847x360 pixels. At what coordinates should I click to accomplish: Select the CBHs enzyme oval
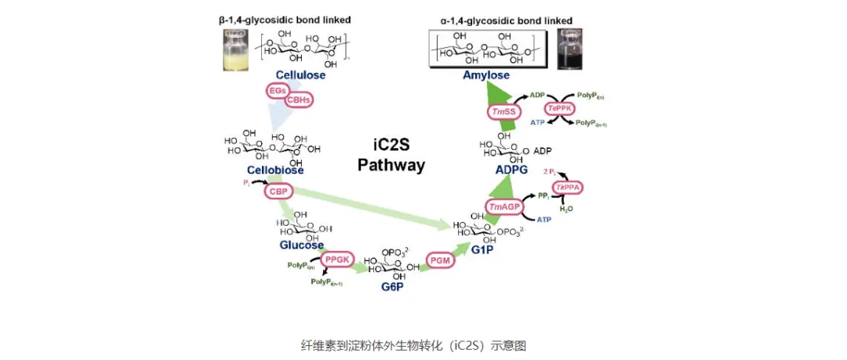click(x=298, y=100)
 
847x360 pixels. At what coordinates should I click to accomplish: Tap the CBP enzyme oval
click(x=276, y=191)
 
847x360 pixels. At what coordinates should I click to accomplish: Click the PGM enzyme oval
click(x=440, y=260)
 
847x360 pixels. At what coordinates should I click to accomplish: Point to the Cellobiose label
click(x=274, y=169)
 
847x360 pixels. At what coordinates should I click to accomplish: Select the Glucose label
click(x=302, y=245)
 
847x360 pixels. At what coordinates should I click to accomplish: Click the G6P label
click(x=392, y=287)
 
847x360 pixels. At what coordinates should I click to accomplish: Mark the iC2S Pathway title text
click(x=391, y=155)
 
